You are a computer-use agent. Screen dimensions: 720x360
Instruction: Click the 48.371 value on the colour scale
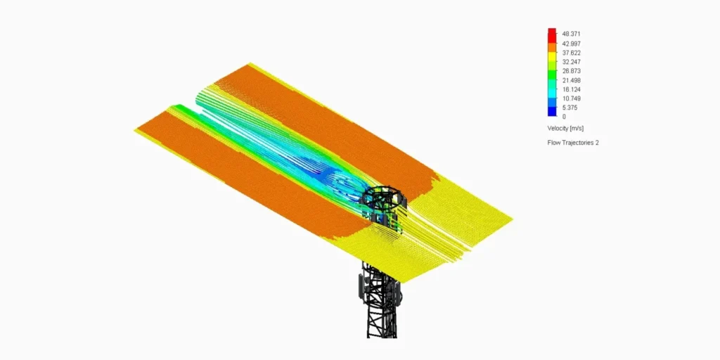(x=571, y=34)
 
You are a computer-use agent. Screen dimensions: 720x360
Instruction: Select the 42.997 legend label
(x=571, y=44)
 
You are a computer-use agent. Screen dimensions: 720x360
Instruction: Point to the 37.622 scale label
(x=571, y=53)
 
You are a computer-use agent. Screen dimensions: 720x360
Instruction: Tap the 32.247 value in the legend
(x=571, y=62)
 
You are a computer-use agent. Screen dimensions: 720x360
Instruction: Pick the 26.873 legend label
(x=571, y=71)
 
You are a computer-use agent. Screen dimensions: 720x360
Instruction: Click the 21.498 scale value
(x=571, y=80)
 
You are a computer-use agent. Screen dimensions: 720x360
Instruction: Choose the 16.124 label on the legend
(x=571, y=89)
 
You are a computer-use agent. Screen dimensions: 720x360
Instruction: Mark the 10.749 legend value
(x=571, y=98)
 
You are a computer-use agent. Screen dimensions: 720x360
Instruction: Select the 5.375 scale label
(x=570, y=108)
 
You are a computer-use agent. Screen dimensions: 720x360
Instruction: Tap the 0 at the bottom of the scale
(x=564, y=117)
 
